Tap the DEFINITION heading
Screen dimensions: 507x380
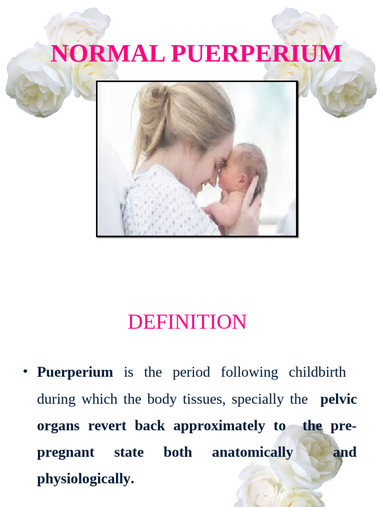[x=187, y=322]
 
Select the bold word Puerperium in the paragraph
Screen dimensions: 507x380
[x=75, y=372]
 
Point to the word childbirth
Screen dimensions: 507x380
[x=317, y=372]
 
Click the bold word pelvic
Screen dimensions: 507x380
[x=338, y=399]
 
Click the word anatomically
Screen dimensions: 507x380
[x=252, y=453]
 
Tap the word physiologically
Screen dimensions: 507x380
[x=85, y=479]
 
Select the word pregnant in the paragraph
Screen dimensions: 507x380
[x=66, y=453]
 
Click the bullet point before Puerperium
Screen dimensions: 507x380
[x=24, y=372]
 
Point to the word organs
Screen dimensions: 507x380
[x=58, y=426]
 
